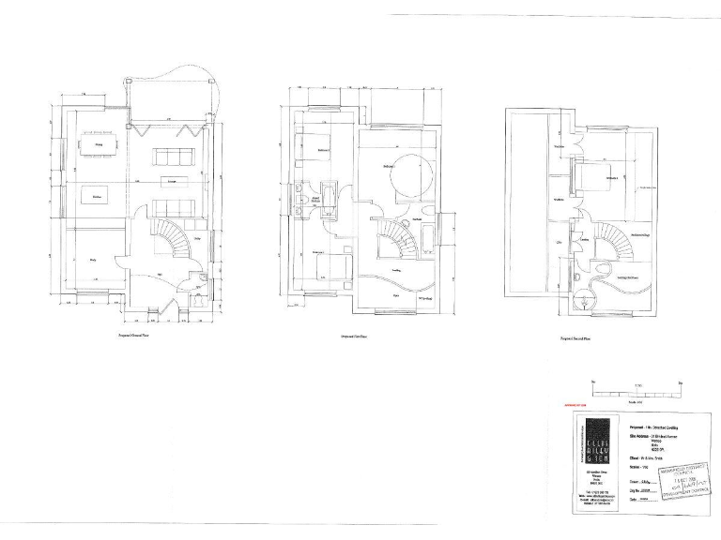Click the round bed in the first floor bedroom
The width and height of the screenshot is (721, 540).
(409, 176)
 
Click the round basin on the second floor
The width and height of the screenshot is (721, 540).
(585, 301)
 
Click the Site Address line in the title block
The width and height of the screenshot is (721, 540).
(648, 439)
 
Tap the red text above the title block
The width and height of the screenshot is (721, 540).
(572, 409)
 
